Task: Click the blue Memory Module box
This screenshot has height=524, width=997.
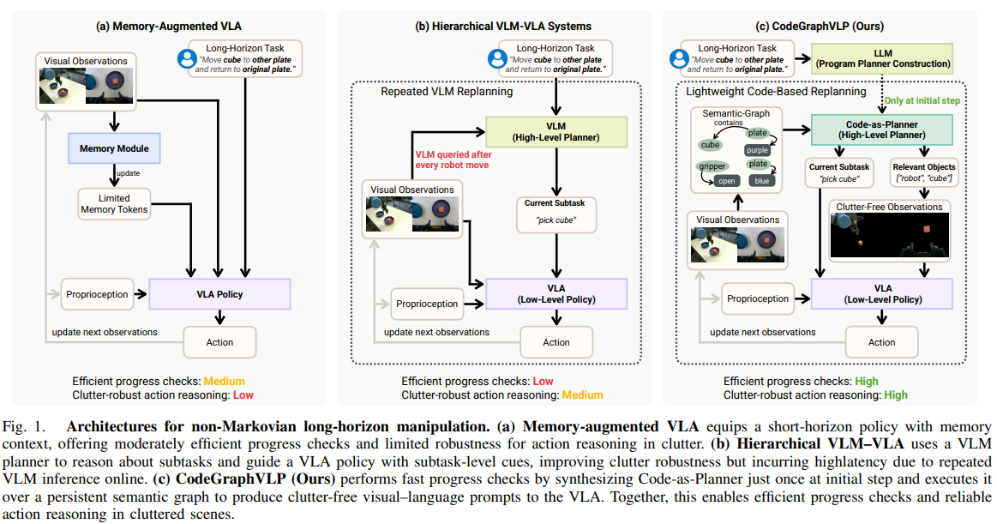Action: pos(115,148)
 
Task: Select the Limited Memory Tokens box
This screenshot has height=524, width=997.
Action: pos(115,204)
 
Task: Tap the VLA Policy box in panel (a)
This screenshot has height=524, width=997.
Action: pos(219,294)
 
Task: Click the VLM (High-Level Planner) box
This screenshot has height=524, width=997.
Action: pos(556,131)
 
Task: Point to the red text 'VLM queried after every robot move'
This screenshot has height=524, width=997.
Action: pos(453,160)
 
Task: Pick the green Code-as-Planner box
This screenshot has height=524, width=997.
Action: pos(882,129)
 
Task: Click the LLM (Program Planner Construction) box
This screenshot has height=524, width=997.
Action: pos(882,58)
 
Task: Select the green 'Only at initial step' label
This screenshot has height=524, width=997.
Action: pos(922,100)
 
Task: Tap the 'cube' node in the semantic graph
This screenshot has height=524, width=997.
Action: pos(710,145)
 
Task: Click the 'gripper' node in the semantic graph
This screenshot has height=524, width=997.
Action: pos(712,166)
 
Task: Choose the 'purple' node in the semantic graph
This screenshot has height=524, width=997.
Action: pos(757,150)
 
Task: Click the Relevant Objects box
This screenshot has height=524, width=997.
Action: pos(924,172)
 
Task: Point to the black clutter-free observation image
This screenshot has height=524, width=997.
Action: pos(890,235)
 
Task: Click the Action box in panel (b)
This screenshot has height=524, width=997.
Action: pos(556,342)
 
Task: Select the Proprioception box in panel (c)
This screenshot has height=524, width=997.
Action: pos(758,299)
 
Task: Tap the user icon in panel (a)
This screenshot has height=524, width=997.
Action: pos(187,58)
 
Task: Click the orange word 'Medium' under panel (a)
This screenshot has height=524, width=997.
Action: pos(224,381)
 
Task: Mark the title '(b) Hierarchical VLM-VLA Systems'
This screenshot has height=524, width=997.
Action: pos(503,26)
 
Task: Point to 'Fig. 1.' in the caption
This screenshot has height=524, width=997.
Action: pos(25,427)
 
